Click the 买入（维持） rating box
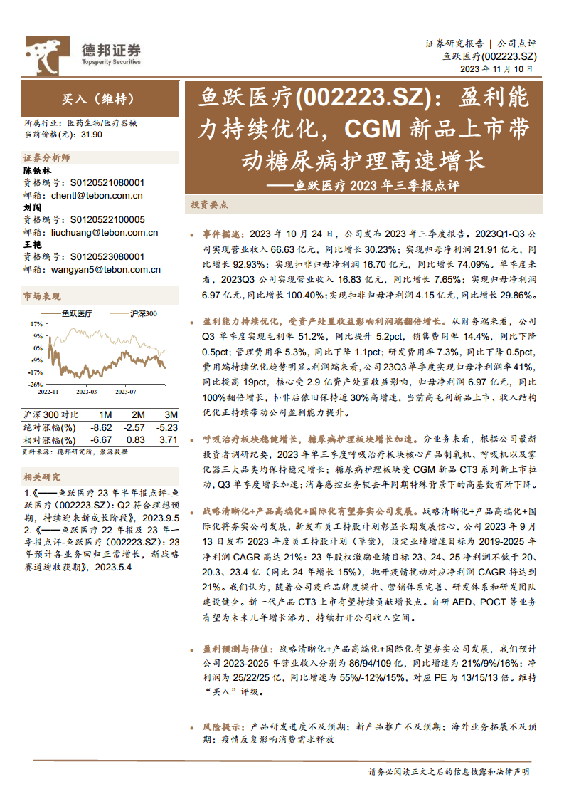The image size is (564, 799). click(x=98, y=99)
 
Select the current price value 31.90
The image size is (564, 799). click(x=92, y=134)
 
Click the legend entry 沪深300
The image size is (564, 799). click(x=142, y=313)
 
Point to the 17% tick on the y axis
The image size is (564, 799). click(x=37, y=324)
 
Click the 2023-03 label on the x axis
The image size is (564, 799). click(x=87, y=390)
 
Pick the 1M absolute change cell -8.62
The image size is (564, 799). click(x=102, y=427)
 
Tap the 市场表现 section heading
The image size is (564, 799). click(x=42, y=296)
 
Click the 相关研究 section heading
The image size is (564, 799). click(x=42, y=476)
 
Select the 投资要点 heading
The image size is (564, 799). click(x=209, y=204)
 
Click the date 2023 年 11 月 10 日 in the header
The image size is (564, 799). click(x=496, y=68)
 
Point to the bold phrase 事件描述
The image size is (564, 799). click(x=223, y=234)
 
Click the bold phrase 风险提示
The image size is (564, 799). click(x=223, y=727)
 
